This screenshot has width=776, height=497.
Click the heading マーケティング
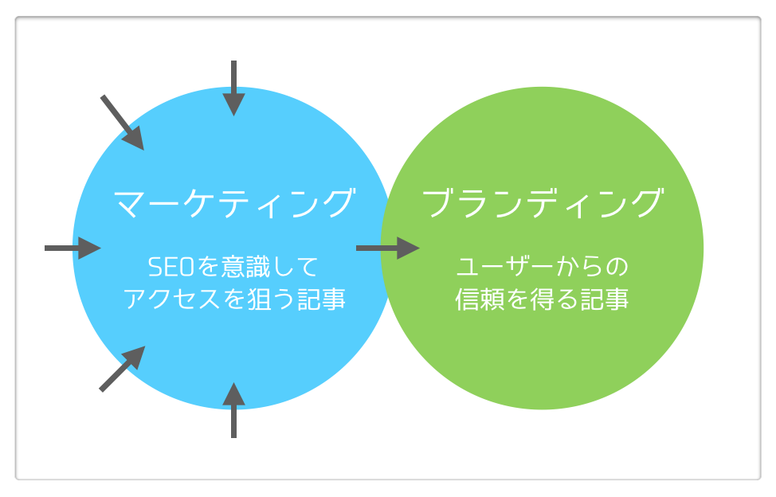tap(234, 203)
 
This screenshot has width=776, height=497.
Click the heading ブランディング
tap(543, 203)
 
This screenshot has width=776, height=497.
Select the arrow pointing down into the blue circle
tap(233, 88)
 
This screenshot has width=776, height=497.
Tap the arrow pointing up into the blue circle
tap(233, 410)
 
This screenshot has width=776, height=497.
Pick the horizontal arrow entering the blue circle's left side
tap(73, 248)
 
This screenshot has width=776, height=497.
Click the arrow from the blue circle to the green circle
tap(388, 248)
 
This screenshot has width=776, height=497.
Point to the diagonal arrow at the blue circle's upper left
tap(122, 123)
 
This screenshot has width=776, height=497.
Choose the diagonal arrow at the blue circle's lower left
tap(122, 369)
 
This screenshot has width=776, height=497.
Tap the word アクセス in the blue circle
tap(171, 299)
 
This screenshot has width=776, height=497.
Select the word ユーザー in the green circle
tap(504, 267)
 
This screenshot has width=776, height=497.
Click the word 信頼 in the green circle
tap(480, 299)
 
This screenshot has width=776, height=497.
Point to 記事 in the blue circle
tap(321, 299)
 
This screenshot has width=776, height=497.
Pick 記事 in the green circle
tap(604, 299)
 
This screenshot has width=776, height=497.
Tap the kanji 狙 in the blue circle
tap(259, 299)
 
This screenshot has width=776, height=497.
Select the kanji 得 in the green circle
tap(542, 299)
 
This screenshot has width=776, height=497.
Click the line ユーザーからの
tap(542, 267)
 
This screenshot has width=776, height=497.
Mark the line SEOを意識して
tap(233, 267)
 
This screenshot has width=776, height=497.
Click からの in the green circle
tap(592, 267)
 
